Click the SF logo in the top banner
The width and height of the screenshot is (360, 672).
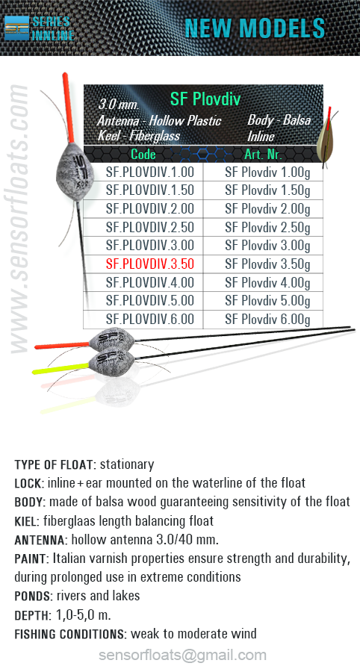coord(16,28)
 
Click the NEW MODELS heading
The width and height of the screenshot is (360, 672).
coord(255,28)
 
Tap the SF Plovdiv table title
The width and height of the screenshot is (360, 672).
coord(205,99)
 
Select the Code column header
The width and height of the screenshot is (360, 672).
coord(143,154)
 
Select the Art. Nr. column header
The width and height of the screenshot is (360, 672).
coord(263,154)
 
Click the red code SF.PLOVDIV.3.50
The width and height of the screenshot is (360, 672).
coord(150,264)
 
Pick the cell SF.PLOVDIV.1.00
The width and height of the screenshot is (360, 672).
coord(150,172)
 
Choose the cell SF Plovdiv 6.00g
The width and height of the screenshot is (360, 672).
coord(267,320)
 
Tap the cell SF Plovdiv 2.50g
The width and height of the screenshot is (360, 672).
coord(267,227)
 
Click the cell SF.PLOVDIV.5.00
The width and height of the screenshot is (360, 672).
coord(150,301)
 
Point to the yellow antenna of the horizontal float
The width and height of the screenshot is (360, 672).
coord(60,368)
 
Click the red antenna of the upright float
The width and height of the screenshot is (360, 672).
coord(68,108)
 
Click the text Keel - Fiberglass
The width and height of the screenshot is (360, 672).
coord(139,137)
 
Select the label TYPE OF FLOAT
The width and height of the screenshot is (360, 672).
coord(53,464)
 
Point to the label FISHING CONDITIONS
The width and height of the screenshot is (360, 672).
coord(70,633)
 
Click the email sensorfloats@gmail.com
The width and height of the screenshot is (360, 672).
coord(182,656)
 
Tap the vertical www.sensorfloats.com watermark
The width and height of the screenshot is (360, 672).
coord(19,219)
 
